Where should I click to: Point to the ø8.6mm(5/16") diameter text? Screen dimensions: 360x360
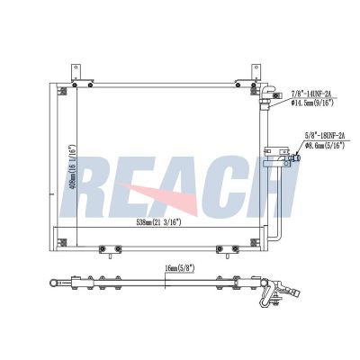coord(325,145)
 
